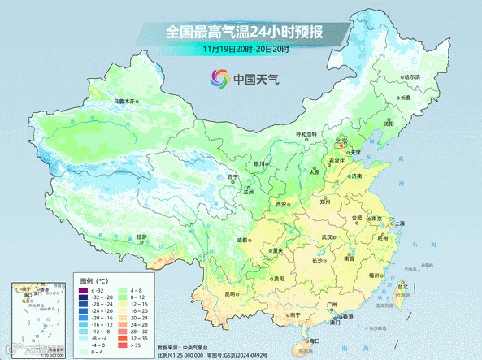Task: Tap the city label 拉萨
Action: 142,236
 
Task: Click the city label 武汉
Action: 328,236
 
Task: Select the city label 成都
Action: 241,240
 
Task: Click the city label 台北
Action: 402,286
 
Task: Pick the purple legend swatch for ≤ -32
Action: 82,290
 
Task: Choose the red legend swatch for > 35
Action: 125,345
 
